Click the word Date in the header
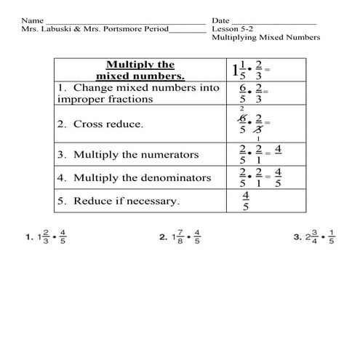click(220, 20)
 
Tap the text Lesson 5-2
click(232, 29)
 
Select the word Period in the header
click(155, 29)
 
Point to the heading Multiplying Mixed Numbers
click(265, 39)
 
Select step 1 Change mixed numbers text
click(137, 93)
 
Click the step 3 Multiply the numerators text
click(127, 155)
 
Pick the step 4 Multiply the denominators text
click(134, 177)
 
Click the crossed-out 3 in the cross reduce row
click(259, 130)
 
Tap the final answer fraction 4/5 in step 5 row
click(246, 201)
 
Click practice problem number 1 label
click(28, 237)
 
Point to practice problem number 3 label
click(297, 237)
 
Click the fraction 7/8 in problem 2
click(178, 237)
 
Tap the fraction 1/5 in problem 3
click(332, 237)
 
